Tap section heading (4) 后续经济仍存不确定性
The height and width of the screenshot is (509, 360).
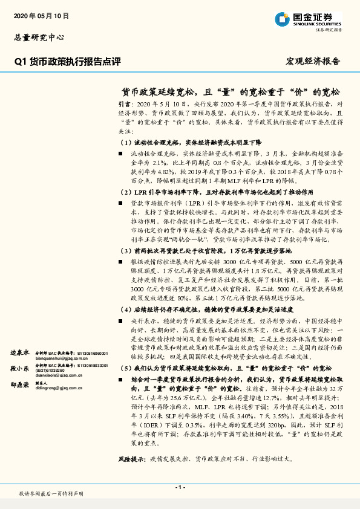200,308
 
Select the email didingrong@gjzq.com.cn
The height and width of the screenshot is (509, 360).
59,388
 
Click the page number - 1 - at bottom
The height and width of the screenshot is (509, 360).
180,487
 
